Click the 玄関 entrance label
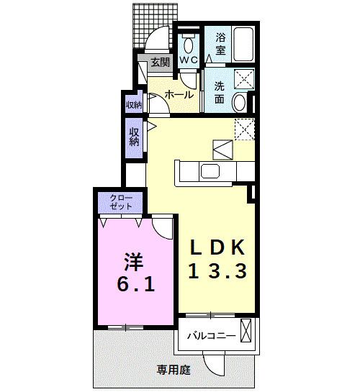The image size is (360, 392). click(161, 63)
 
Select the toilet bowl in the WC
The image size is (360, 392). click(188, 40)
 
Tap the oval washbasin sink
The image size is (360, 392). click(240, 103)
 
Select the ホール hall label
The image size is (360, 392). click(179, 94)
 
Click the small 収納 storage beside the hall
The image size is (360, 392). click(134, 105)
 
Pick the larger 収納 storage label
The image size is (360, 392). click(135, 137)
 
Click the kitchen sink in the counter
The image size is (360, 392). click(211, 171)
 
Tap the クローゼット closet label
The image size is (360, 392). click(121, 202)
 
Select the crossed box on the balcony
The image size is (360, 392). click(247, 333)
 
